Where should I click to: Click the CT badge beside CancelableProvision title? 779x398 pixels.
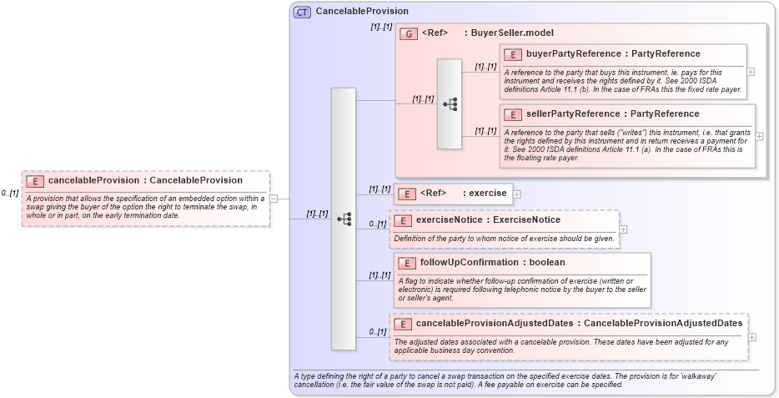(x=303, y=12)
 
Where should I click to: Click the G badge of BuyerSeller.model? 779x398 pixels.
(x=409, y=34)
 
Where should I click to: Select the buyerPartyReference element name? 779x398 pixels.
(x=557, y=54)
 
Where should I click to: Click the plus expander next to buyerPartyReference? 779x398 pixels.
(x=751, y=72)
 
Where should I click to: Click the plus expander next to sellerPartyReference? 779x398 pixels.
(x=759, y=136)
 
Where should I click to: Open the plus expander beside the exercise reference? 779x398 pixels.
(x=517, y=194)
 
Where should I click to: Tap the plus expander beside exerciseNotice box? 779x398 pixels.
(x=623, y=229)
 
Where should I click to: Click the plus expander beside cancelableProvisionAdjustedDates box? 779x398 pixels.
(x=752, y=337)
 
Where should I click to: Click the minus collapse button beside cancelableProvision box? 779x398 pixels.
(x=274, y=199)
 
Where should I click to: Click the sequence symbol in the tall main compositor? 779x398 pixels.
(x=343, y=219)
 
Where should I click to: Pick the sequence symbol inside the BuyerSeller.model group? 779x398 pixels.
(x=450, y=104)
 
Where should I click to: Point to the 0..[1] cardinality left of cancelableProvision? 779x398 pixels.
(x=10, y=194)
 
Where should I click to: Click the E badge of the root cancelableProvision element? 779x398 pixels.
(x=35, y=181)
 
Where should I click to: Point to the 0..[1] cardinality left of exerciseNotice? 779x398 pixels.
(x=378, y=224)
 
